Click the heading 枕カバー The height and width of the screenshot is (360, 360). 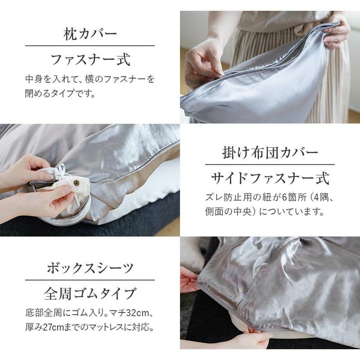(90, 34)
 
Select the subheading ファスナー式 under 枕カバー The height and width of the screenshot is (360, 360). (90, 60)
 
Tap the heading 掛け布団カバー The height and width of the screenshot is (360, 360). (270, 153)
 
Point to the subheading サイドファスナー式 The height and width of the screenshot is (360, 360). (270, 179)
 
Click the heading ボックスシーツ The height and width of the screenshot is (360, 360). (90, 268)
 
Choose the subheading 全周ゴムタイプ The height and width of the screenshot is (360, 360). (90, 294)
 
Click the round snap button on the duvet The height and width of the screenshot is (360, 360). (76, 183)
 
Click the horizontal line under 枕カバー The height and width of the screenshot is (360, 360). (90, 46)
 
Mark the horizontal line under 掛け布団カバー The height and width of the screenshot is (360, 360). (270, 165)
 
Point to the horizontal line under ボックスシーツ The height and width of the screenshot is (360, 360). (90, 280)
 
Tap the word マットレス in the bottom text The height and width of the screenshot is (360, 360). (106, 328)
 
